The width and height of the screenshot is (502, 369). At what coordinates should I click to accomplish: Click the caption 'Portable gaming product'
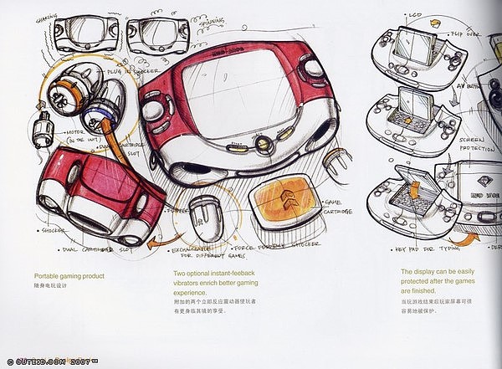pos(69,275)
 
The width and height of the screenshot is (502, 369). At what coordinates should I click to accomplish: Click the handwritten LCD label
pos(416,14)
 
